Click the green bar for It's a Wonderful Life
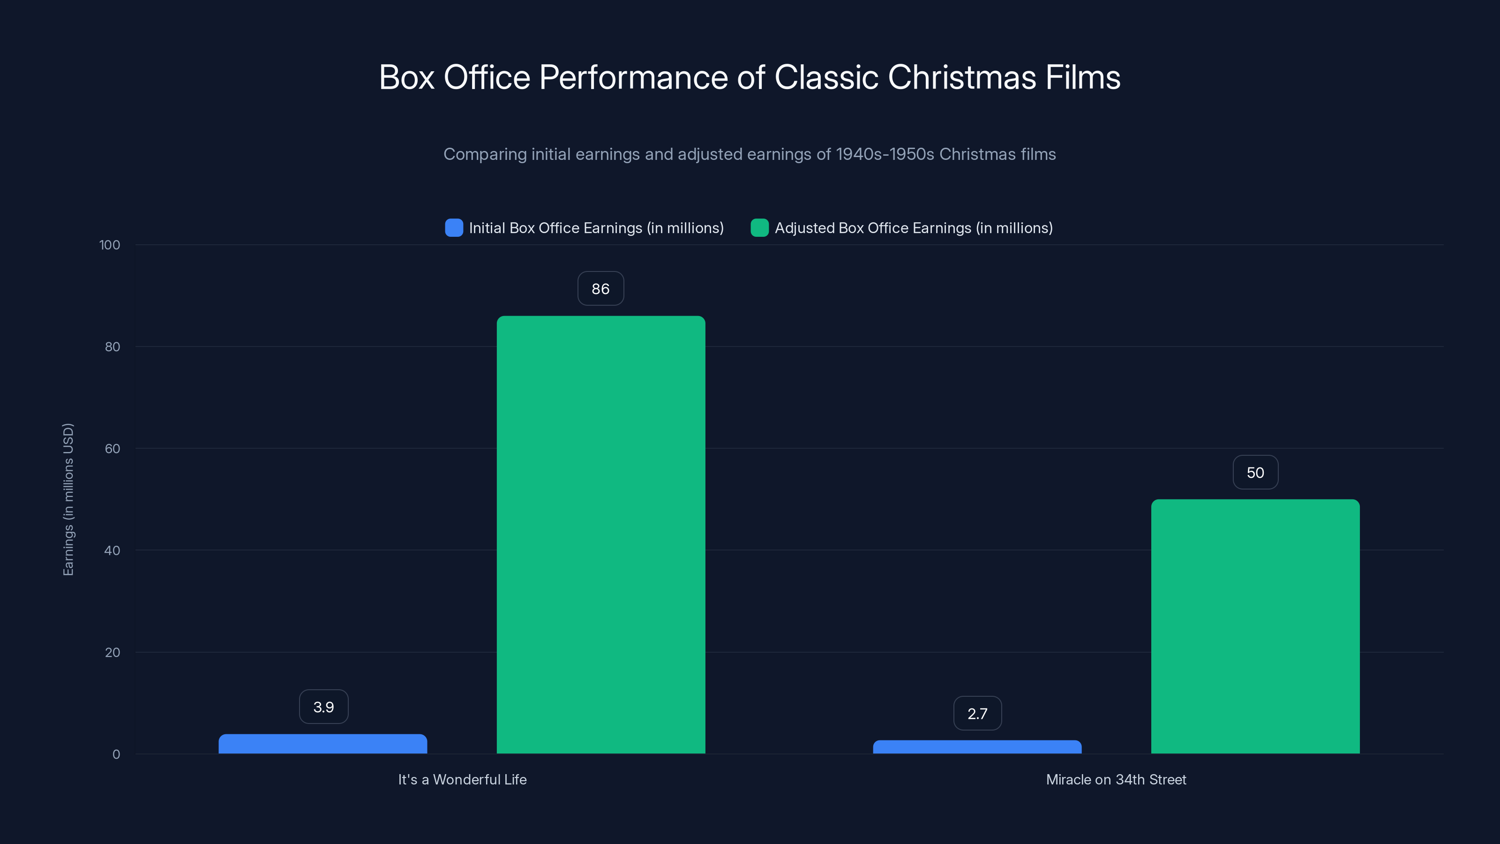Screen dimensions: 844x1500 click(600, 534)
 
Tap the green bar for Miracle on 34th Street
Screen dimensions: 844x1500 click(1255, 626)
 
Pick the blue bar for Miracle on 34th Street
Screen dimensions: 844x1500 click(977, 747)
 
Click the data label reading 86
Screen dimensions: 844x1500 click(600, 288)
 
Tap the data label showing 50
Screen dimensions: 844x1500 click(1255, 472)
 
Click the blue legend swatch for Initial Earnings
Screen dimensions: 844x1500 click(454, 228)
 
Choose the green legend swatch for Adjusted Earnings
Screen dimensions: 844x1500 click(759, 228)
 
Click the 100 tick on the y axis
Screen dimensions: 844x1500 click(110, 245)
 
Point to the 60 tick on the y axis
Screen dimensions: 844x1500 click(112, 449)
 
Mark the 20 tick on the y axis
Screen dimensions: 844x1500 click(112, 652)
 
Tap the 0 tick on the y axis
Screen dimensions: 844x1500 click(116, 754)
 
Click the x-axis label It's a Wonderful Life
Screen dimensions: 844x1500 click(462, 779)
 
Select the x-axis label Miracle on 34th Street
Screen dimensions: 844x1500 click(1116, 779)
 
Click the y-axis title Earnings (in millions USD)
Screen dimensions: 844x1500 click(68, 499)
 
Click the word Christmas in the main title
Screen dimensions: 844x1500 click(961, 77)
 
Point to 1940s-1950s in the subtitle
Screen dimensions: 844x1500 click(885, 154)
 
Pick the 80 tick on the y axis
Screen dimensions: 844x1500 click(112, 347)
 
